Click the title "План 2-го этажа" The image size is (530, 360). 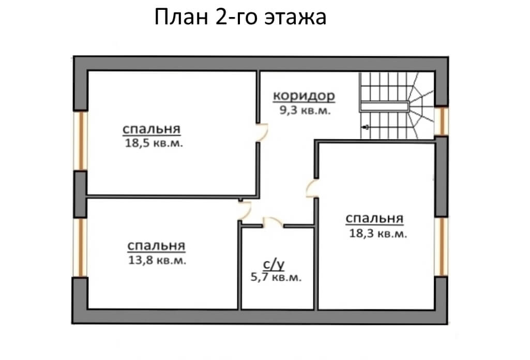[x=240, y=17]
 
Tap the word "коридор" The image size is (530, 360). [x=304, y=96]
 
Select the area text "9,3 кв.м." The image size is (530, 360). [x=305, y=110]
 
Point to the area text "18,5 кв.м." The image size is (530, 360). [x=154, y=143]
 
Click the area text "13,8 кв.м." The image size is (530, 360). [x=157, y=260]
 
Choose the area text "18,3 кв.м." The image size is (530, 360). [x=378, y=233]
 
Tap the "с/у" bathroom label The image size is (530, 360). [x=274, y=265]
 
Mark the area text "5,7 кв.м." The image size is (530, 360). [x=276, y=277]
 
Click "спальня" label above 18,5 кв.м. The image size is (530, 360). [x=152, y=129]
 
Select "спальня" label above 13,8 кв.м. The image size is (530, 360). [x=157, y=246]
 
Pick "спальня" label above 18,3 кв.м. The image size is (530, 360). [x=374, y=219]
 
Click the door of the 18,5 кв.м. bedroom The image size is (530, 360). [x=262, y=132]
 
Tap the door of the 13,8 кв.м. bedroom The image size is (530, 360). [x=245, y=210]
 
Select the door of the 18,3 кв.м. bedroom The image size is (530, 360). [x=312, y=189]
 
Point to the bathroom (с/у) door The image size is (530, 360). [x=273, y=222]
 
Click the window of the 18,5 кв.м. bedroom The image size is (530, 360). [x=81, y=141]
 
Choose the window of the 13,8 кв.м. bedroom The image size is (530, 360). [x=81, y=247]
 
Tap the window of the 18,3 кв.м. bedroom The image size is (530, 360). [x=442, y=246]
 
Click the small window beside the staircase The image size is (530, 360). [x=441, y=121]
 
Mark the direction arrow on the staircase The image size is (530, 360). [x=366, y=127]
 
